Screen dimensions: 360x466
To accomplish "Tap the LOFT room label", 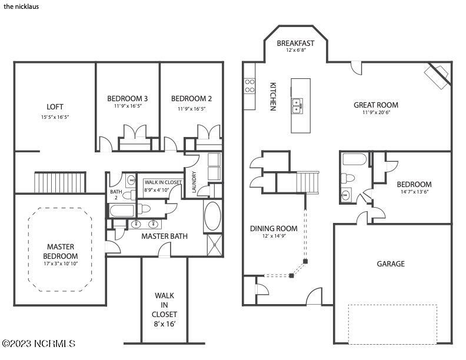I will (x=55, y=107).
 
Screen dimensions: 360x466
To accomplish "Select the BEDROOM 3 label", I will (x=127, y=98).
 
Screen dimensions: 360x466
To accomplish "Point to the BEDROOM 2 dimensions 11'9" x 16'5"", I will (x=191, y=109).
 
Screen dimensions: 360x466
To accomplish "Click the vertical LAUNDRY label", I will (x=193, y=182).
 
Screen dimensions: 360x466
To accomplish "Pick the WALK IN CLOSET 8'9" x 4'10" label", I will (x=163, y=186).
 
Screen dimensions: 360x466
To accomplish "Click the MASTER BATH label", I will (x=164, y=236).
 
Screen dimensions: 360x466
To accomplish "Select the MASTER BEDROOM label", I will (x=61, y=251).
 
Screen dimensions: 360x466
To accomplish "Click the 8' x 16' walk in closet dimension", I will (x=165, y=324).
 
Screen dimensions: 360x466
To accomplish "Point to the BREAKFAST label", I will (x=295, y=43).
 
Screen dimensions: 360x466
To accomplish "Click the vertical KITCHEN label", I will (x=273, y=96).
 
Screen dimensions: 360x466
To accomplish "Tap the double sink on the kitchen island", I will (x=298, y=105).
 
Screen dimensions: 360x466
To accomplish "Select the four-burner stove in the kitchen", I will (x=249, y=86).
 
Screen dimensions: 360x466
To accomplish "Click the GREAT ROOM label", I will (x=372, y=105).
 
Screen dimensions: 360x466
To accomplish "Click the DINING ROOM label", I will (x=274, y=228).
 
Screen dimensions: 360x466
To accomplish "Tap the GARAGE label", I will (x=391, y=264).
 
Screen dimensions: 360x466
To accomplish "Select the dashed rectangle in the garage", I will (x=392, y=324).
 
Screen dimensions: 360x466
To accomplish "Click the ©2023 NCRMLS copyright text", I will (x=38, y=343).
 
